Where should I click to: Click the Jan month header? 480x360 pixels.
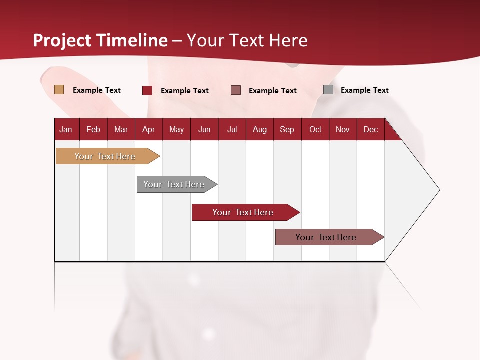click(x=66, y=129)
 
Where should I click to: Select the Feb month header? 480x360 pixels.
click(x=93, y=129)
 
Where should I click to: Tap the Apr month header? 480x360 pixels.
click(x=148, y=129)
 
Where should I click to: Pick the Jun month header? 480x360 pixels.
click(x=204, y=129)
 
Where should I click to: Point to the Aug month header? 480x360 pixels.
click(x=259, y=129)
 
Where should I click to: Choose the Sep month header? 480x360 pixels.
click(x=287, y=129)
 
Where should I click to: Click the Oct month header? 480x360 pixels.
click(x=315, y=129)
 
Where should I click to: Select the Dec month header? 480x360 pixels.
click(x=370, y=129)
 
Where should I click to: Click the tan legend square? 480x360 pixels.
click(x=59, y=90)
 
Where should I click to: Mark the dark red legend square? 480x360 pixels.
click(x=147, y=90)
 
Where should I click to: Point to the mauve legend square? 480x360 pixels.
click(x=236, y=90)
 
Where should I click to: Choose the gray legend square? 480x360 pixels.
click(x=328, y=90)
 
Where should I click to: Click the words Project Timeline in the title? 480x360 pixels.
click(x=100, y=40)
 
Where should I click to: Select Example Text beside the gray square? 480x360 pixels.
click(x=364, y=90)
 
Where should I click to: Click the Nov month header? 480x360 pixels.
click(x=342, y=129)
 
